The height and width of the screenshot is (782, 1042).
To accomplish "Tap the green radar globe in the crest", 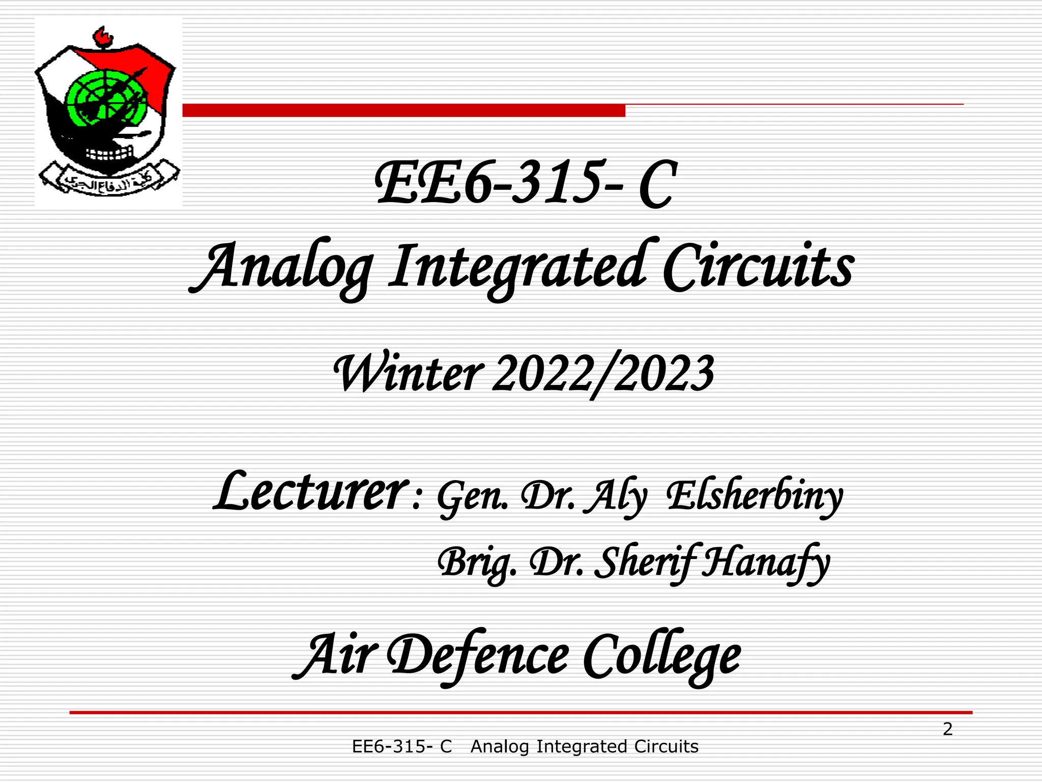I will (104, 99).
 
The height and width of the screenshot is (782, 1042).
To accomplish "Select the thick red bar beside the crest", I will (403, 110).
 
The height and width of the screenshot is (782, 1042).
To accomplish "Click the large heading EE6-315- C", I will (526, 184).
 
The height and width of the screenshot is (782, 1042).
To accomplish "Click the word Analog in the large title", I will (281, 267).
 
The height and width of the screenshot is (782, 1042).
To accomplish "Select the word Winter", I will (408, 374).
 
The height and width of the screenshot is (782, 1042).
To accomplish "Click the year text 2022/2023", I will (603, 374).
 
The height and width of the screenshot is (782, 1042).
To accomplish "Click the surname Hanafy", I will (765, 563).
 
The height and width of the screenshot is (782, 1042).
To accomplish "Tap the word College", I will (661, 656).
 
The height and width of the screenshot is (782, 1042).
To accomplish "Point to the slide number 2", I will (947, 730).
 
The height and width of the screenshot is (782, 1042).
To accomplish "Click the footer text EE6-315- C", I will (402, 747).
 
